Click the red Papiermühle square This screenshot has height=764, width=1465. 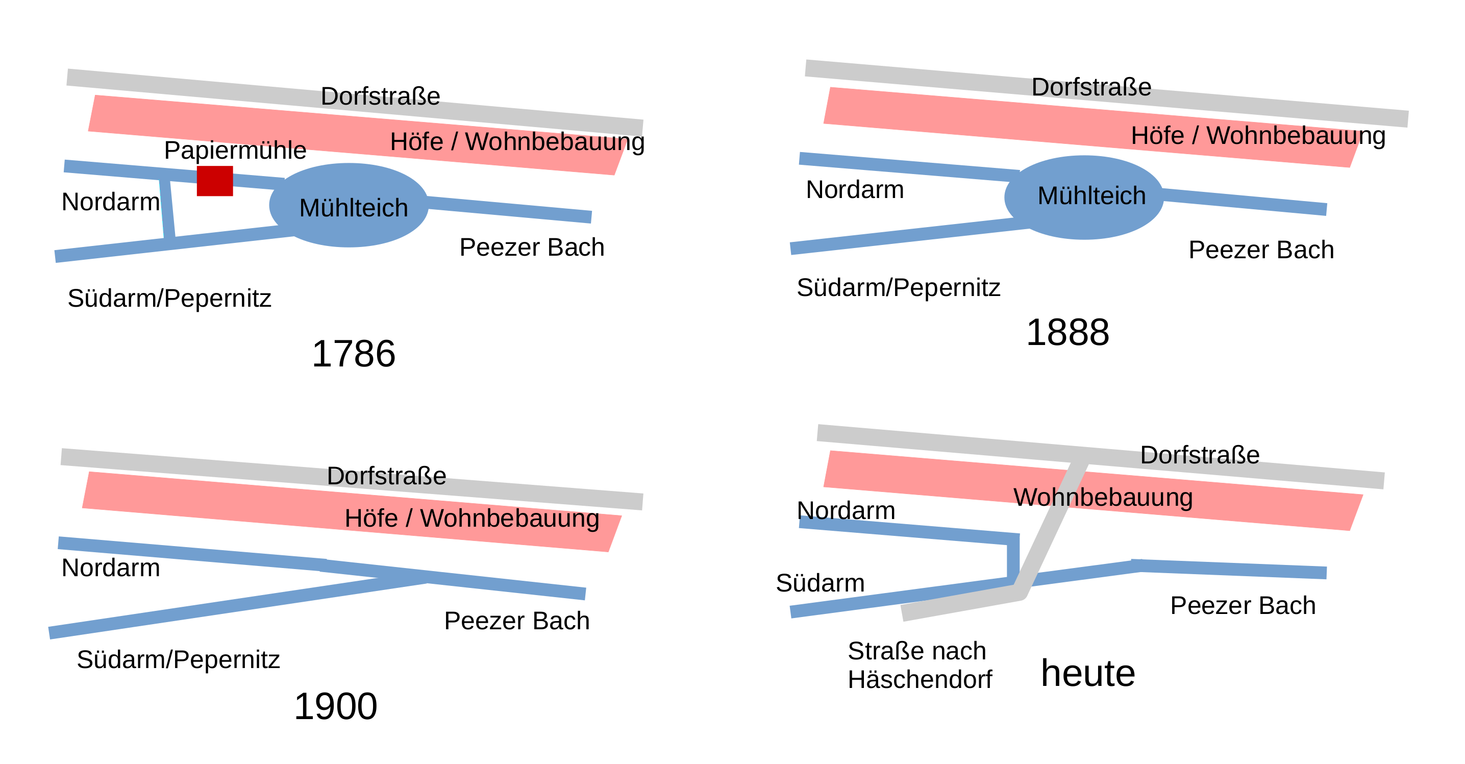(215, 181)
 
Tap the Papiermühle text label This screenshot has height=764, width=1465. (235, 151)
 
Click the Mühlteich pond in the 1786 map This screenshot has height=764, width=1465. (349, 205)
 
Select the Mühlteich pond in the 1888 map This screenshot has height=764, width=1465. (1084, 198)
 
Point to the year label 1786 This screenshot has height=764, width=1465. (354, 354)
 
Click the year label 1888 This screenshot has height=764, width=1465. (1067, 332)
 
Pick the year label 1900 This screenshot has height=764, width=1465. (336, 706)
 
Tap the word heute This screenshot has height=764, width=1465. (1088, 674)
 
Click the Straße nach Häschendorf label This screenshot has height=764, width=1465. (920, 665)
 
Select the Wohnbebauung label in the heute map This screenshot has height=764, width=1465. (1103, 497)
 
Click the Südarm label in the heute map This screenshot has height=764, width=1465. (820, 583)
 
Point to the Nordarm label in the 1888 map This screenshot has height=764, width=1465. (855, 189)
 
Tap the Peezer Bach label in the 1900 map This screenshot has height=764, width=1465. (516, 621)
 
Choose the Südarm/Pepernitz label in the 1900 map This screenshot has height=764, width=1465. (178, 660)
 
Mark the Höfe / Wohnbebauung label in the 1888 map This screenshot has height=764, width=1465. (1258, 136)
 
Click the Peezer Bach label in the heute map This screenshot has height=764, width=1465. (1243, 606)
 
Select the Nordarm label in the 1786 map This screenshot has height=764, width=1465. (110, 202)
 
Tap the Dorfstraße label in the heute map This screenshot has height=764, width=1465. (1200, 455)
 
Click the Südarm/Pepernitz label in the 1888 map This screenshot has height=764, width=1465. (898, 288)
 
